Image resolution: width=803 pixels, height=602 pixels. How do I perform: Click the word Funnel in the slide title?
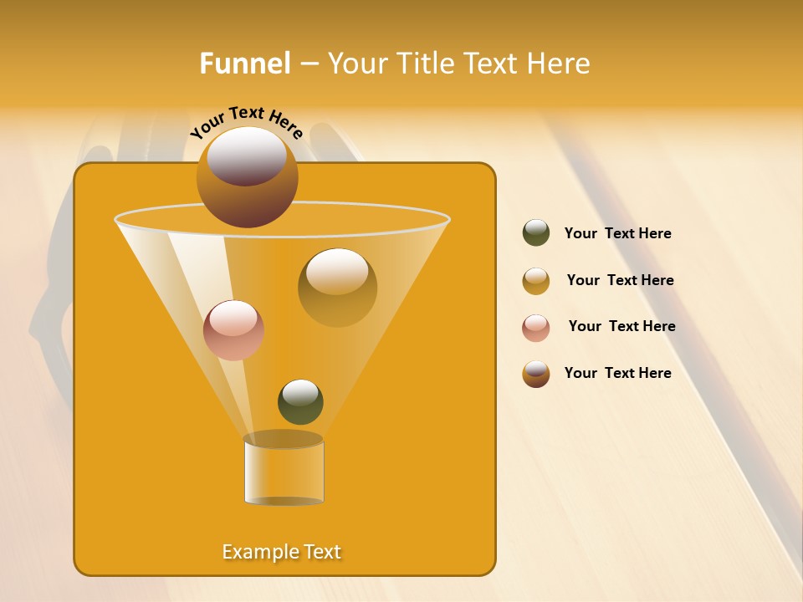(244, 64)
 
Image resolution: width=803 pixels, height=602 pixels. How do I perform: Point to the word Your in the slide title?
(355, 64)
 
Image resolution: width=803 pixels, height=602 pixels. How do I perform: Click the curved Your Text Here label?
(246, 121)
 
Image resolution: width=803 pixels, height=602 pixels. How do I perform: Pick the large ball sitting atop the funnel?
(247, 176)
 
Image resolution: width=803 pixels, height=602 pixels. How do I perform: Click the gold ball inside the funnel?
(337, 287)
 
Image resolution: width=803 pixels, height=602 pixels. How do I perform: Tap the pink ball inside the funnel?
(233, 329)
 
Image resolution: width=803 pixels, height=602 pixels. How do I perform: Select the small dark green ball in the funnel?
(300, 401)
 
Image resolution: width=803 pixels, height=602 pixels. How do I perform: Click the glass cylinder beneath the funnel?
(284, 471)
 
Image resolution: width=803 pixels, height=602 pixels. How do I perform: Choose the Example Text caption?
(282, 552)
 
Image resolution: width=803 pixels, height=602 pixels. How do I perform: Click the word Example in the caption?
(254, 552)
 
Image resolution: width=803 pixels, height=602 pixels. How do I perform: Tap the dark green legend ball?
(536, 233)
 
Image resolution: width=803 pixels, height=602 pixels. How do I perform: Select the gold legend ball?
(536, 281)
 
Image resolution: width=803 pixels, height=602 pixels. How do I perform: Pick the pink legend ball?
(536, 328)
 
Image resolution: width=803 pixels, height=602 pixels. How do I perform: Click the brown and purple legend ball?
(536, 374)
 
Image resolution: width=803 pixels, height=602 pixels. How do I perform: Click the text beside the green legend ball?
(618, 233)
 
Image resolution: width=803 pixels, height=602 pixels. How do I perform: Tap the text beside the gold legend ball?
(620, 280)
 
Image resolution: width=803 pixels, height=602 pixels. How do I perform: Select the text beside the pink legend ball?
(621, 326)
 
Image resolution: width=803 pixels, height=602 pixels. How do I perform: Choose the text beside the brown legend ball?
(618, 373)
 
